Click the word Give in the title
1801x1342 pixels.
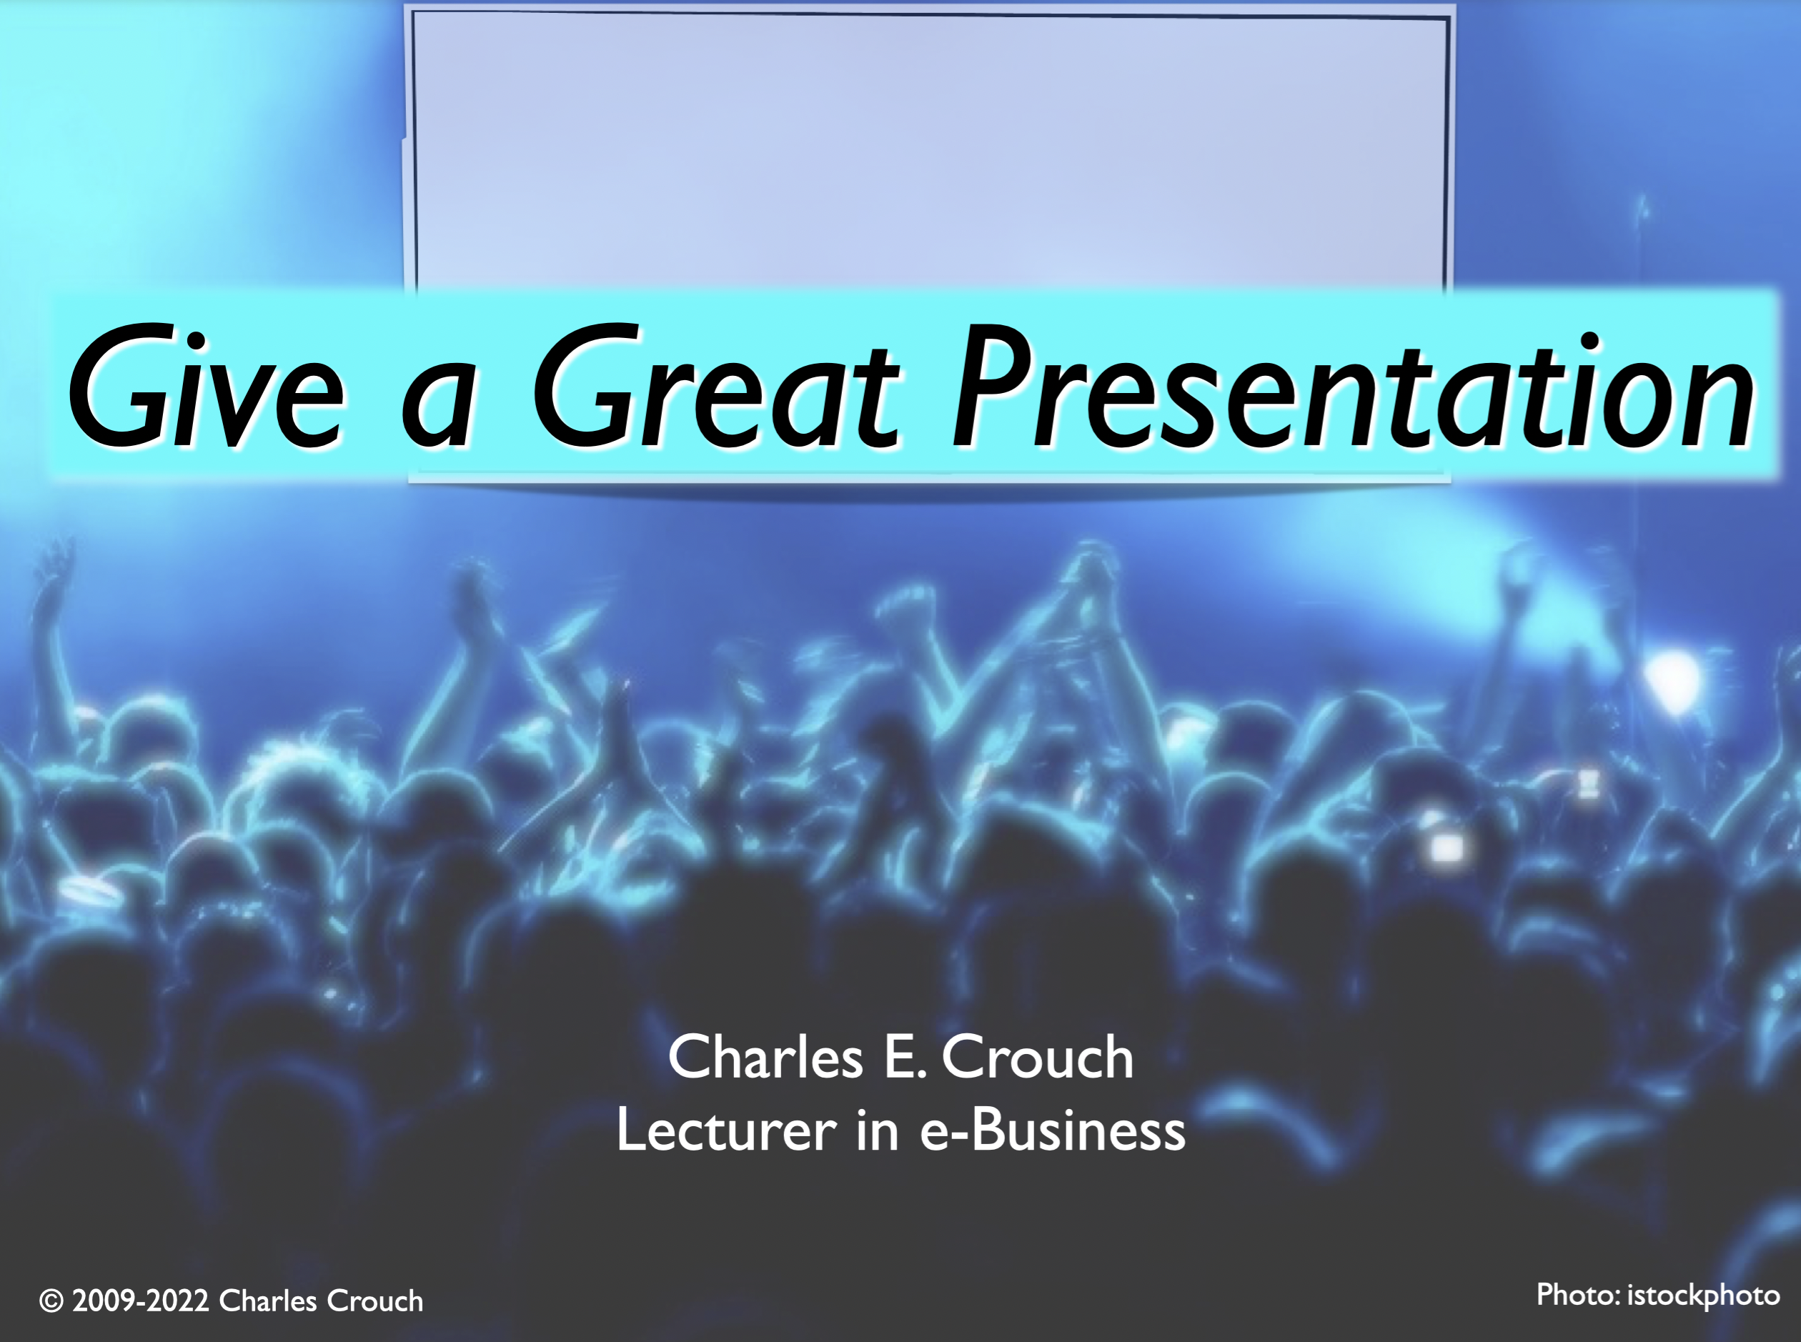207,385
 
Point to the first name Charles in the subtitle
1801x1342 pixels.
765,1058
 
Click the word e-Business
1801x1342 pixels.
1053,1130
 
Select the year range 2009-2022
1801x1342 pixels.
142,1301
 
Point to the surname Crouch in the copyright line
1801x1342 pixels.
374,1301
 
